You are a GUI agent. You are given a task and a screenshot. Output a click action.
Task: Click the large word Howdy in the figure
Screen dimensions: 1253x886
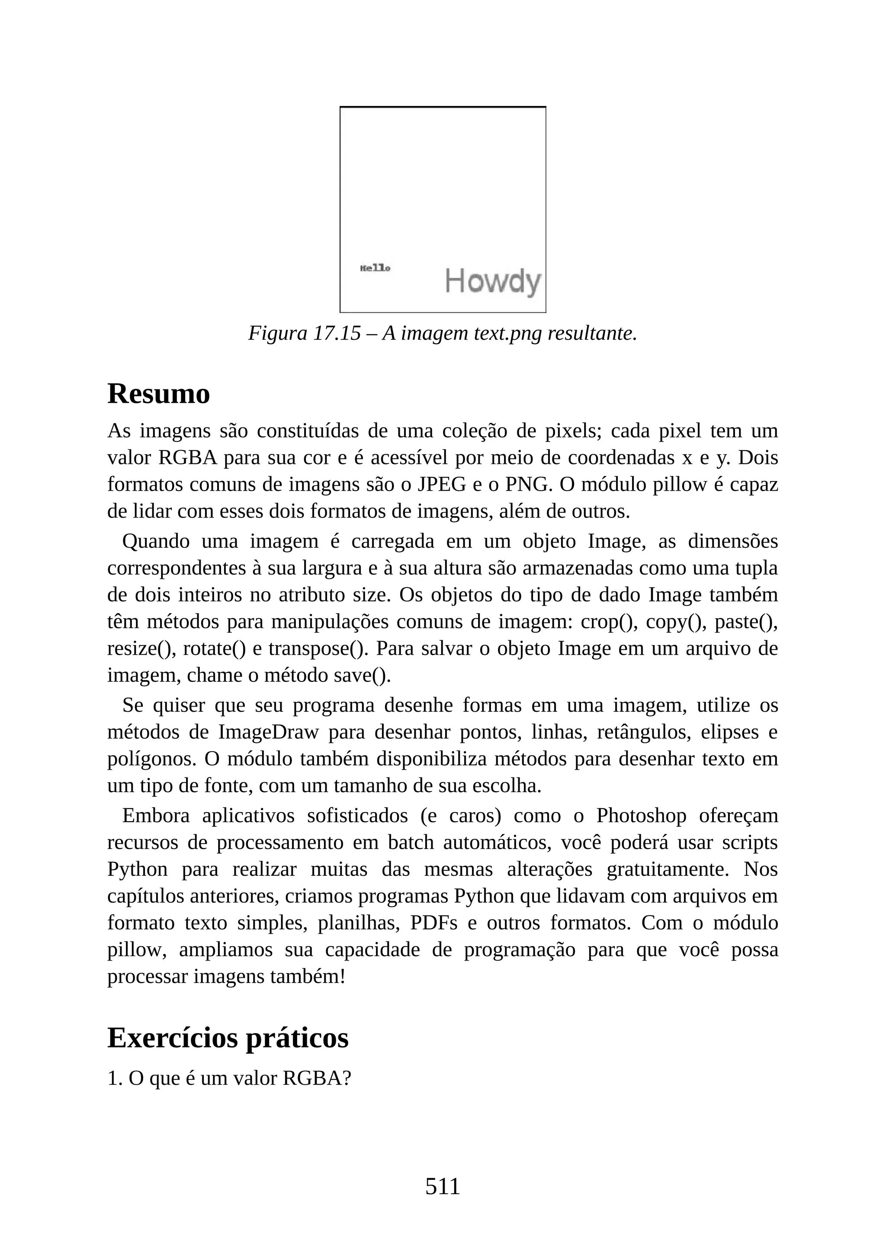493,282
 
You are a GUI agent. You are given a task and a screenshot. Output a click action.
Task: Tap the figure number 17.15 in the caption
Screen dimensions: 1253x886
337,333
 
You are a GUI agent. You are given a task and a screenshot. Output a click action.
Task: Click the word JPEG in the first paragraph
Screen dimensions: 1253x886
438,484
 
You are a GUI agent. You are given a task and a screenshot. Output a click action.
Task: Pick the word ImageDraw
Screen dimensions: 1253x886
268,732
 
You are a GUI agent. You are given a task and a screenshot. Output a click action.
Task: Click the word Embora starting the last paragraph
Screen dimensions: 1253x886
155,815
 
